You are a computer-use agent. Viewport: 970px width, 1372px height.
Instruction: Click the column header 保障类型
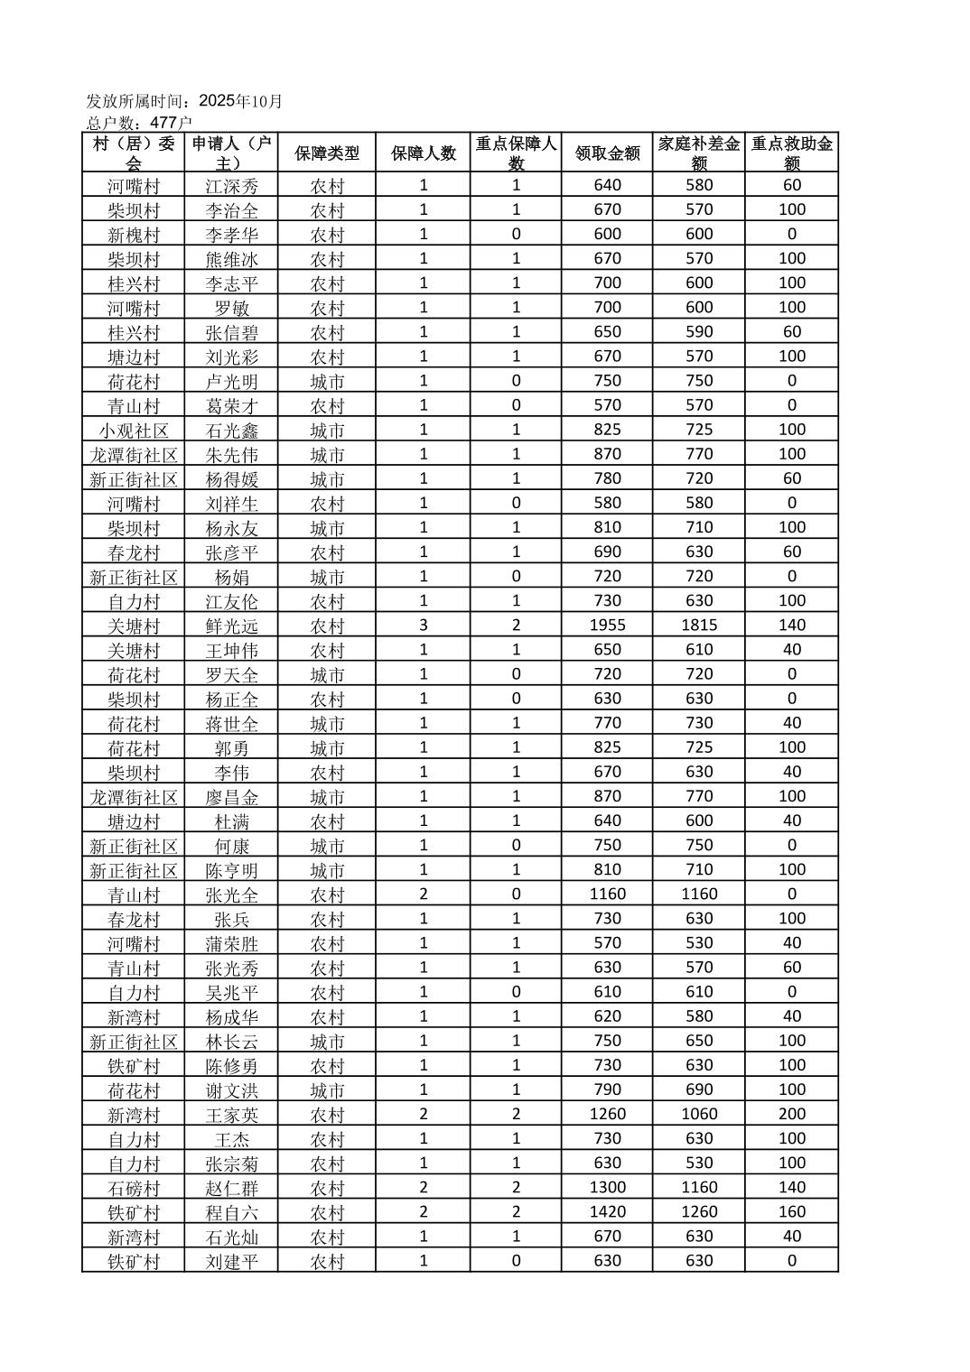click(326, 153)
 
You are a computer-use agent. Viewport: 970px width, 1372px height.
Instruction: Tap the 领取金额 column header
click(607, 153)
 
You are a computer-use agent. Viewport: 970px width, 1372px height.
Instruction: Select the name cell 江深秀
click(231, 186)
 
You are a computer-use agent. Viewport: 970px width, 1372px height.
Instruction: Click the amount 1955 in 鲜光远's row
click(607, 625)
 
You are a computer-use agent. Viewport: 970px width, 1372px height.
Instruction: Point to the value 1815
click(699, 625)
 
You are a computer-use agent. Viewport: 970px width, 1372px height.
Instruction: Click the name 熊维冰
click(231, 259)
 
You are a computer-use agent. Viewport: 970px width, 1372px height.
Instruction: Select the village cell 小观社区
click(134, 431)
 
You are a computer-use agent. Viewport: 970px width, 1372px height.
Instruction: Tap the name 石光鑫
click(231, 431)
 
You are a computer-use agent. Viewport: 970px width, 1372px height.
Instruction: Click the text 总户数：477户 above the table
click(139, 122)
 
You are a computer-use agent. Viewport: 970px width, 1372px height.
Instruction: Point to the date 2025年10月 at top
click(240, 101)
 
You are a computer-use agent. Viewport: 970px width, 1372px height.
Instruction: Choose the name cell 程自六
click(231, 1212)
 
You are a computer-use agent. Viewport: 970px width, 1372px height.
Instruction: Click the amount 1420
click(607, 1211)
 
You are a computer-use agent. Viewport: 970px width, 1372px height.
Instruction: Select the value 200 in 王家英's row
click(792, 1114)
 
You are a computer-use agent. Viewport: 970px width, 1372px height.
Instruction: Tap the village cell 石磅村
click(134, 1188)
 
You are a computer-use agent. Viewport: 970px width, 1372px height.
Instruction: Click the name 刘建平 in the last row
click(231, 1261)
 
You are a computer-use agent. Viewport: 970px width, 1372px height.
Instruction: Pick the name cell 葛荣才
click(231, 406)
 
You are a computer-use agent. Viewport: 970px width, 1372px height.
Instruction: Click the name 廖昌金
click(231, 797)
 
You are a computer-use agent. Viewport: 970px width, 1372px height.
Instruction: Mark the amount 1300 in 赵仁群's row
click(607, 1187)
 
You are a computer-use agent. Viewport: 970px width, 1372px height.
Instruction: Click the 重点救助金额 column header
click(792, 153)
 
